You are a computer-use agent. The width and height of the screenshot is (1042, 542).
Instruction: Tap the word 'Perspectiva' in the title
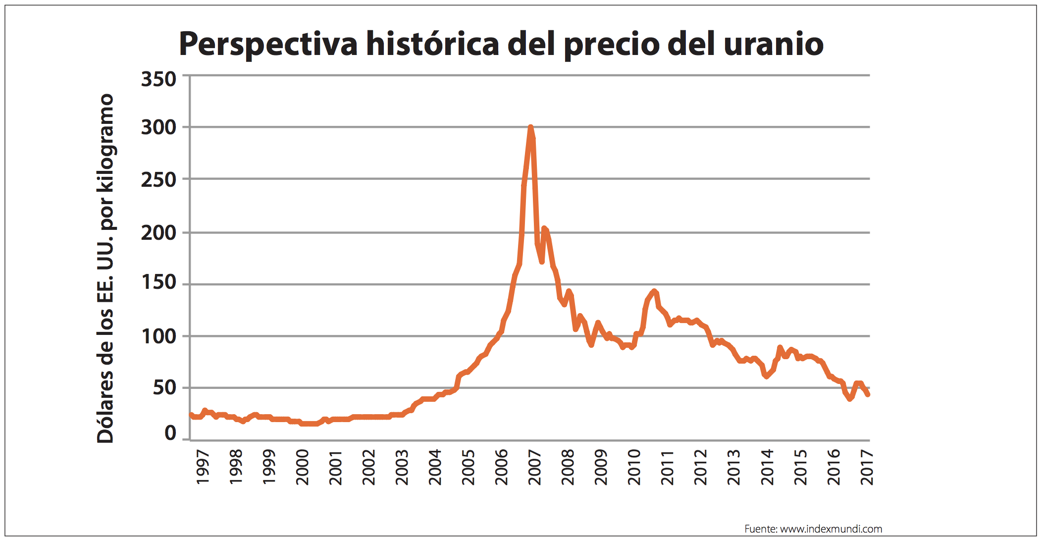click(268, 45)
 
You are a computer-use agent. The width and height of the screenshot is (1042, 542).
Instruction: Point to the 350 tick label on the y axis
click(158, 79)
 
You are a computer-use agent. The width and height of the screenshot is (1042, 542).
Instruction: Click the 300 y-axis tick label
click(158, 127)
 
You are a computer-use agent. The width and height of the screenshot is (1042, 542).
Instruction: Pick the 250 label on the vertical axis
click(158, 180)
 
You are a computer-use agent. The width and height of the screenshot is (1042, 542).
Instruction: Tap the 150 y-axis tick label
click(158, 282)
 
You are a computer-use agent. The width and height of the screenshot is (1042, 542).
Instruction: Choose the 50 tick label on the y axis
click(164, 387)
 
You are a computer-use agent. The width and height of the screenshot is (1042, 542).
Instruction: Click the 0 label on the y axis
click(170, 433)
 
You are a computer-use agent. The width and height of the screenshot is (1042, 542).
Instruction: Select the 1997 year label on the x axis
click(203, 467)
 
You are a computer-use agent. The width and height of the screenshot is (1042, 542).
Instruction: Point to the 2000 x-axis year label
click(302, 467)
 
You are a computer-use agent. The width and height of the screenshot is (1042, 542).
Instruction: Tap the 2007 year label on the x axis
click(534, 467)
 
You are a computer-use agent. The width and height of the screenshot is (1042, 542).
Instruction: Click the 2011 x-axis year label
click(667, 467)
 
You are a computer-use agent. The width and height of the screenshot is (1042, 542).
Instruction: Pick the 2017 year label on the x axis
click(867, 467)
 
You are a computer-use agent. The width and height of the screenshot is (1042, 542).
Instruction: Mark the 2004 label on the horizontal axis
click(435, 467)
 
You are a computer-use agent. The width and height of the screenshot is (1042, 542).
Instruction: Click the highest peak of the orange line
click(530, 127)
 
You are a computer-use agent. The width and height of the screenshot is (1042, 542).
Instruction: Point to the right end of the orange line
click(868, 394)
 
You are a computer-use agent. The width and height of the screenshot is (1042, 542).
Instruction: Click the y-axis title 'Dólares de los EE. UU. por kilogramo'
click(105, 268)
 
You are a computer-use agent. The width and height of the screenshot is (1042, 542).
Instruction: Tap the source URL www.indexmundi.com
click(831, 529)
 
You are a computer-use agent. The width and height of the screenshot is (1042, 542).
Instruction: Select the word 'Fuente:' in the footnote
click(761, 529)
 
